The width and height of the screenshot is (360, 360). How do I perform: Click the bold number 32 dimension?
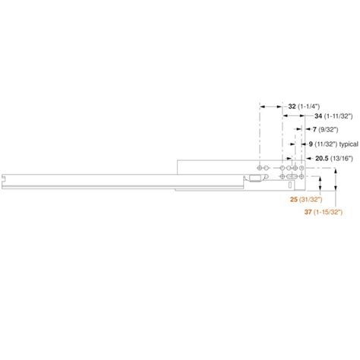coord(292,107)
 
